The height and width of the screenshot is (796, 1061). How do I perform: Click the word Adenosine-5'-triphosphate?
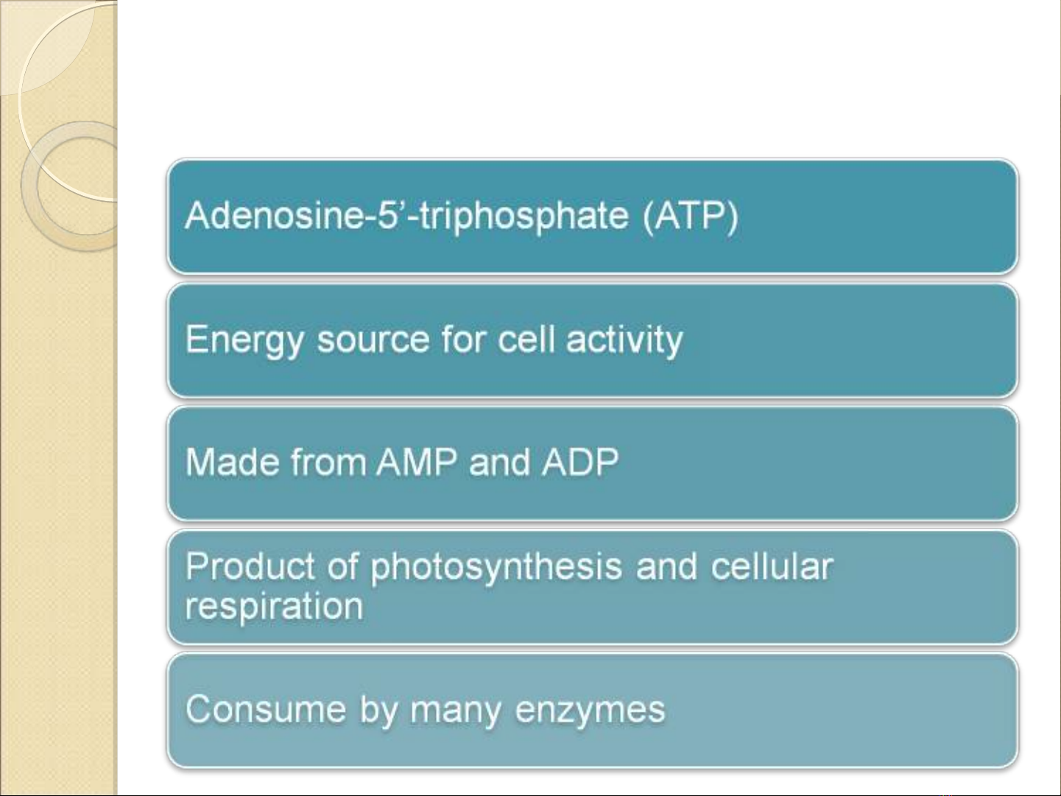coord(407,216)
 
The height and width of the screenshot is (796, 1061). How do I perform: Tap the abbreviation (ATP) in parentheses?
coord(691,216)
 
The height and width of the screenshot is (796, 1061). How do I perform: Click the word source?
coord(373,340)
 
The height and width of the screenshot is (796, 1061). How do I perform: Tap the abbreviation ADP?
coord(580,462)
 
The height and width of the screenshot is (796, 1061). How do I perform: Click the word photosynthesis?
coord(496,568)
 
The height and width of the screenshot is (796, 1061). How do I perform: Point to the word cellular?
coord(772,566)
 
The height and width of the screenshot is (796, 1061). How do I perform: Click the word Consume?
coord(266,710)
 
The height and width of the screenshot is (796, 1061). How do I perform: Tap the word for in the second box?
coord(464,339)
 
